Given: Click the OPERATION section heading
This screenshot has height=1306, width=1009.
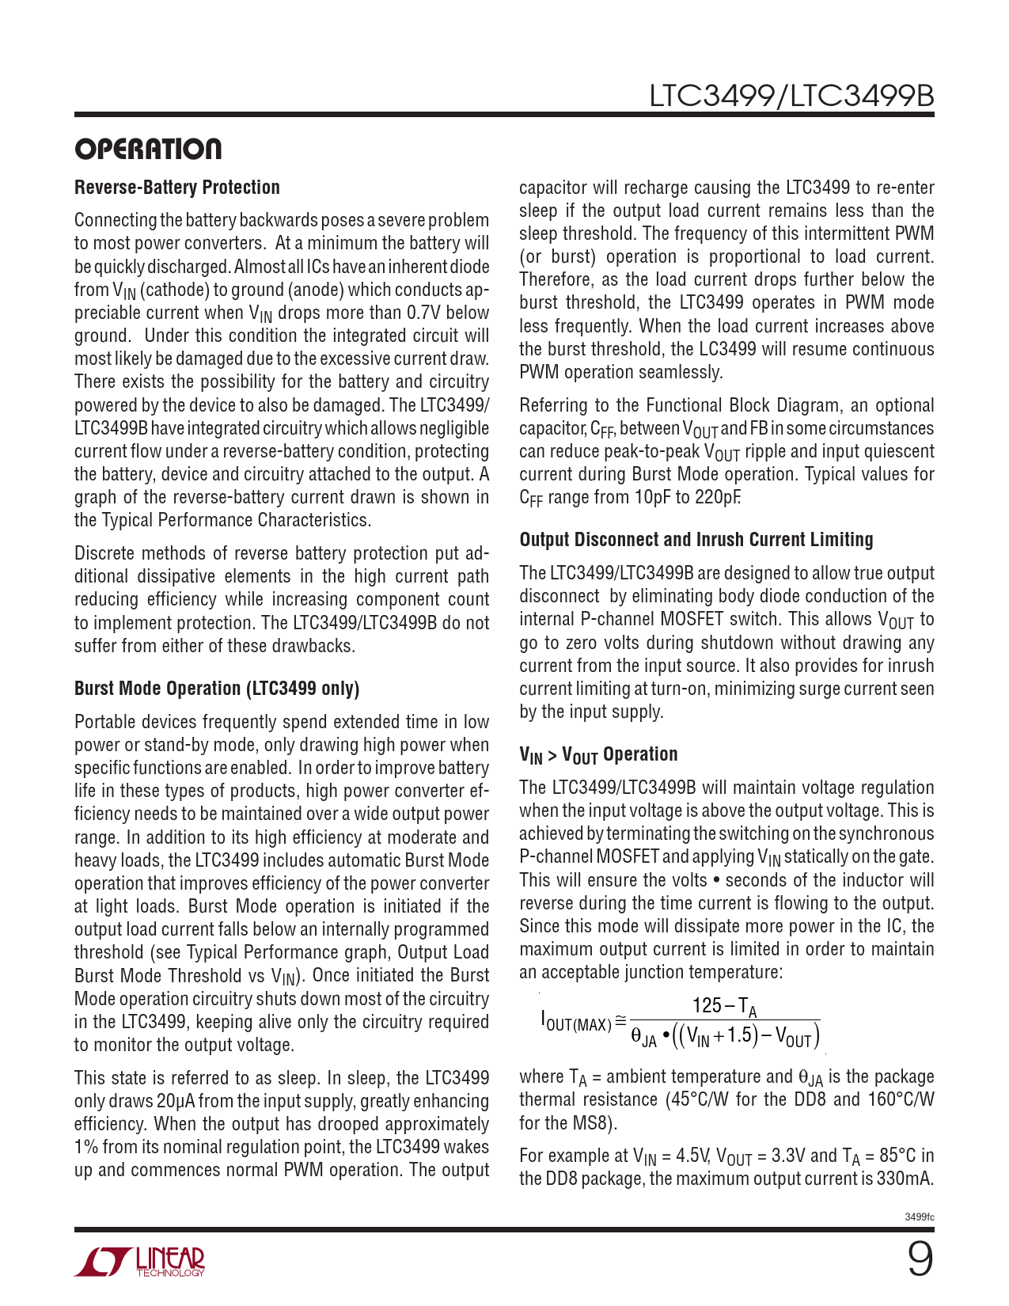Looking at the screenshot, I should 148,149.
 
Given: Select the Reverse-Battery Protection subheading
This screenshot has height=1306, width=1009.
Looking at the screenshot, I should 177,188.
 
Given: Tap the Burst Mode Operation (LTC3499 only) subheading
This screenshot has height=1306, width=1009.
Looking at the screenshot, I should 217,689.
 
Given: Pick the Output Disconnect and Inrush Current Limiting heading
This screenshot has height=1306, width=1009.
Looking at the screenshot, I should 696,540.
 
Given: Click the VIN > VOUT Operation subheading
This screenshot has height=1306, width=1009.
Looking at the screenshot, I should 598,755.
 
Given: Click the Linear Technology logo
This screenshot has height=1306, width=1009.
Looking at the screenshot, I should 140,1262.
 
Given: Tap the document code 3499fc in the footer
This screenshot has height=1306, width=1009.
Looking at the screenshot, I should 920,1217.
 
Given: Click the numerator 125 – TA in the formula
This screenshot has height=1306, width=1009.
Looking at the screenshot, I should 724,1006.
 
